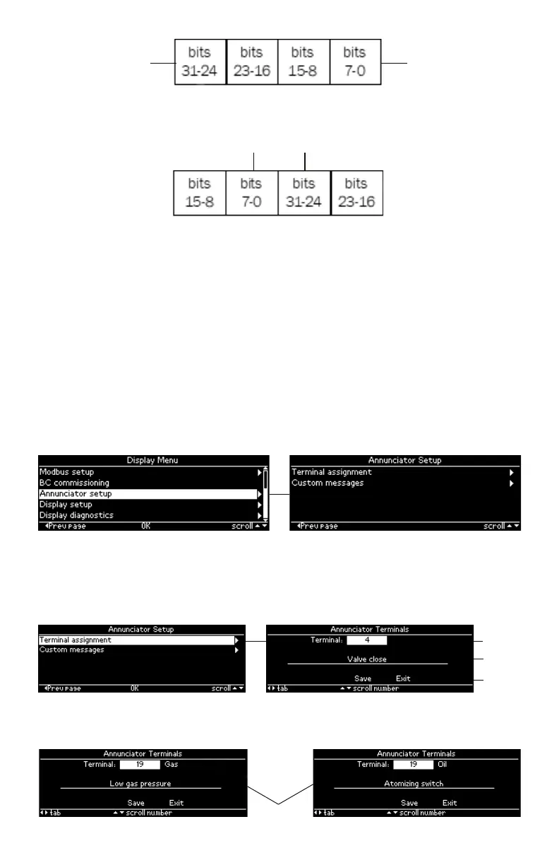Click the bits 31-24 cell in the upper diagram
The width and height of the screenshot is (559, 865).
tap(200, 62)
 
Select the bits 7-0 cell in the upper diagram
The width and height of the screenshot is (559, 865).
tap(355, 62)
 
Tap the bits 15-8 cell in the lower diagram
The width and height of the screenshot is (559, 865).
tap(200, 193)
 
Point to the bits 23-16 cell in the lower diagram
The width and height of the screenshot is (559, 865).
tap(356, 193)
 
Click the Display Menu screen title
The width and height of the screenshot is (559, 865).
tap(152, 460)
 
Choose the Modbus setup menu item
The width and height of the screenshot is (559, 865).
tap(66, 472)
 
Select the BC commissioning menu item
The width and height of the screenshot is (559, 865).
tap(74, 483)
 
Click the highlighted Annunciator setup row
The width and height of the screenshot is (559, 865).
tap(148, 494)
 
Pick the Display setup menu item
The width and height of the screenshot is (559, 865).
tap(66, 505)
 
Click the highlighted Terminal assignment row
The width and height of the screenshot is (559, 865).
tap(138, 640)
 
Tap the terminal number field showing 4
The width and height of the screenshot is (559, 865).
tap(367, 641)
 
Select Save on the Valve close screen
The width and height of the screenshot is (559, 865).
tap(363, 678)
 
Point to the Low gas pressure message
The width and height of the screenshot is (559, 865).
tap(140, 784)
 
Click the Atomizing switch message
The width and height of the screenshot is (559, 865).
tap(414, 784)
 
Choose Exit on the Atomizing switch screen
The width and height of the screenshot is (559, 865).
tap(450, 803)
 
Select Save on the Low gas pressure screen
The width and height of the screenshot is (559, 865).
tap(136, 803)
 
